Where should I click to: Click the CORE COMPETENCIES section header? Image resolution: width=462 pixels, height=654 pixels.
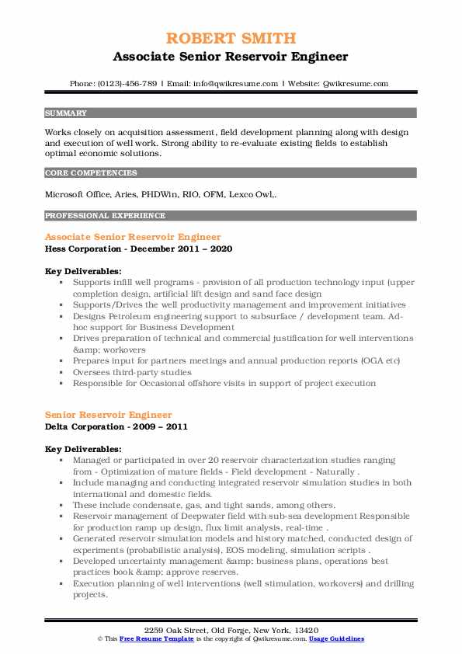click(91, 173)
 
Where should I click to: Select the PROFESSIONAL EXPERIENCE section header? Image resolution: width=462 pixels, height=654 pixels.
click(105, 216)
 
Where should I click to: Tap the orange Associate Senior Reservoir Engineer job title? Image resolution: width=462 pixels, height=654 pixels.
click(133, 237)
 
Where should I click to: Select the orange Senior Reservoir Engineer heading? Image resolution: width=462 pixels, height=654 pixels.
click(109, 415)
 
